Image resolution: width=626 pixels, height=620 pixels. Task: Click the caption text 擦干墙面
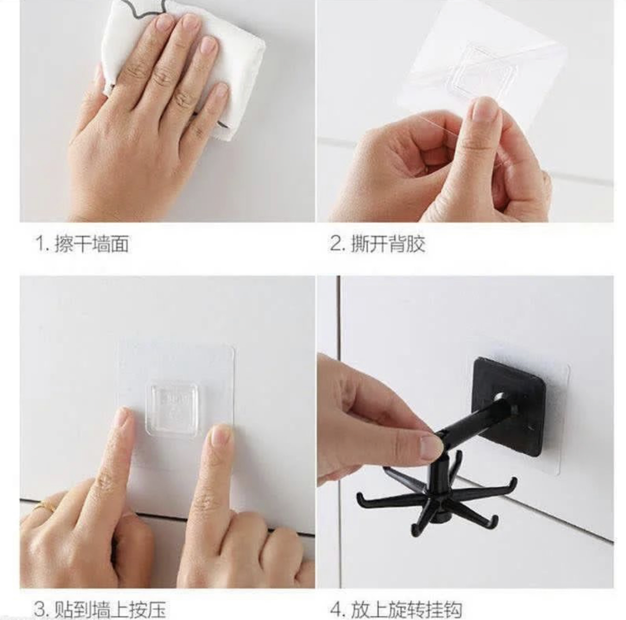pos(91,244)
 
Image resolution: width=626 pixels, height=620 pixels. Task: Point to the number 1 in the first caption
pos(40,244)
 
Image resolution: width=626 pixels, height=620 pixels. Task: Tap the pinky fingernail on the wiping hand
pos(222,91)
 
